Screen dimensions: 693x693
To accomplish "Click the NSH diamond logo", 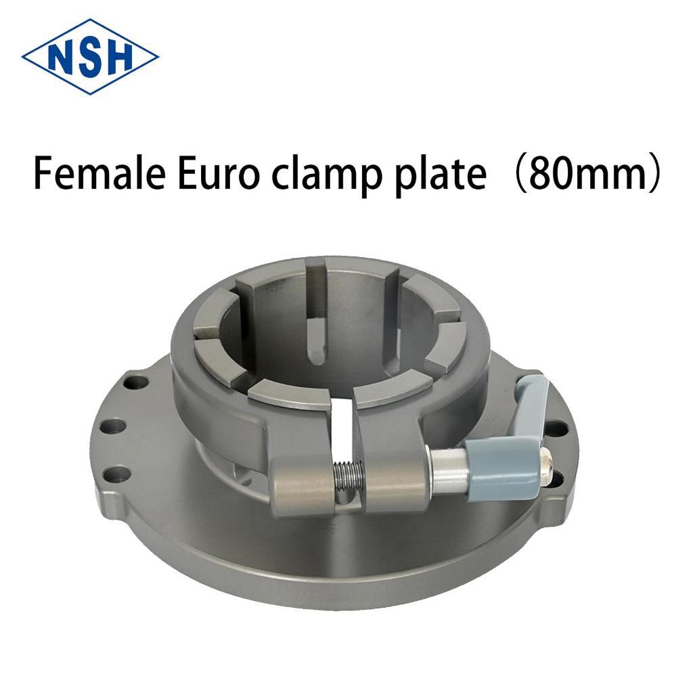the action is point(90,57).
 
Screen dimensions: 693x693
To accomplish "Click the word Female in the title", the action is point(99,174).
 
